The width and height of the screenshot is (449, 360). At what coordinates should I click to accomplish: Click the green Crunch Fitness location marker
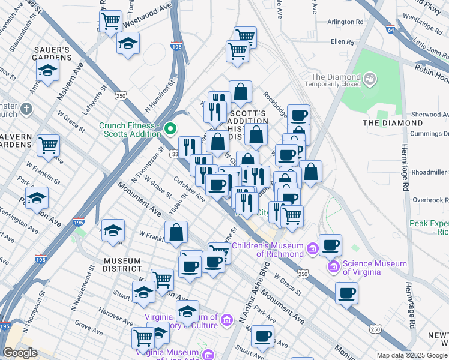pos(170,128)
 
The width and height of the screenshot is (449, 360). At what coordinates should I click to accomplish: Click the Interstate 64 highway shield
pos(390,28)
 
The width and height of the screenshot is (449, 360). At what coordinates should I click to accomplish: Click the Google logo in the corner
pos(20,353)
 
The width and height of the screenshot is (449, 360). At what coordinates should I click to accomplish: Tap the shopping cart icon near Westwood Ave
pos(111,22)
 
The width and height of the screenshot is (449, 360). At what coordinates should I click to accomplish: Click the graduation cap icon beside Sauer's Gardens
pos(47,70)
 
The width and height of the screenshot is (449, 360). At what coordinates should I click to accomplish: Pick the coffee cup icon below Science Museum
pos(346,293)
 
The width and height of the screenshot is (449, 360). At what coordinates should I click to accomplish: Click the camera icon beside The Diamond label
pos(370,77)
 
